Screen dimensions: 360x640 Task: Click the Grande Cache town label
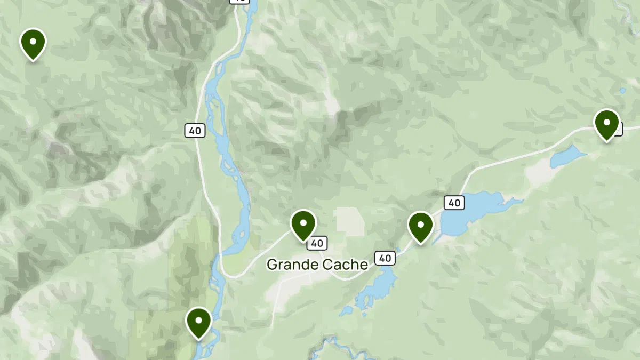pos(317,264)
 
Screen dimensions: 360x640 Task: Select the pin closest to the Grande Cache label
pos(303,225)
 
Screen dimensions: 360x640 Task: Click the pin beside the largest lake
pos(420,227)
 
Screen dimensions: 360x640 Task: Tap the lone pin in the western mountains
pos(33,44)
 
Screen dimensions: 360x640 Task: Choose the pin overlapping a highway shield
pos(606,124)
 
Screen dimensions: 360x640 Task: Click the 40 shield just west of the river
pos(196,130)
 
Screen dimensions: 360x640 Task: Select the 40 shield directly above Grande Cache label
pos(317,243)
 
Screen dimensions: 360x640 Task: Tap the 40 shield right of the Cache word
pos(385,258)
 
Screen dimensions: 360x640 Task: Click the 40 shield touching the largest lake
pos(454,203)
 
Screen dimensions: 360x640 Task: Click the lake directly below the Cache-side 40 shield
pos(379,288)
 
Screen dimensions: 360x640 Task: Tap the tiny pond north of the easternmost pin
pos(622,91)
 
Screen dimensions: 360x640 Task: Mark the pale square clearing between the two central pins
pos(349,221)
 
